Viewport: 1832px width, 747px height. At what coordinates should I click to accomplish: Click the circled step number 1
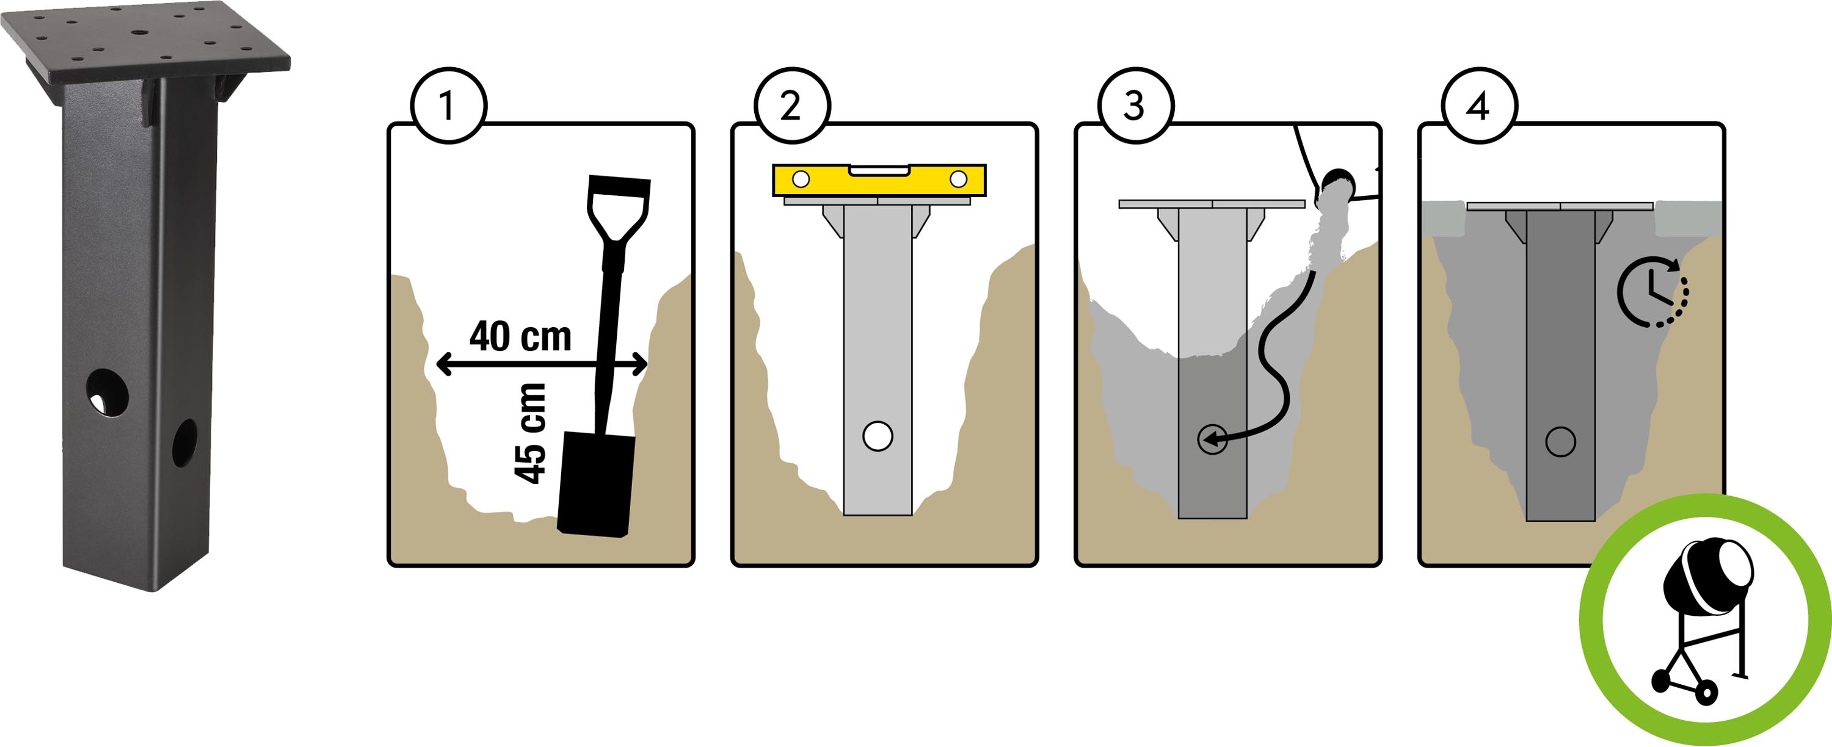448,106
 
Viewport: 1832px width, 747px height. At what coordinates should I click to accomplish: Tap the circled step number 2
791,106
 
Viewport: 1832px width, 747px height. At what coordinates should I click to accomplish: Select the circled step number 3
1135,106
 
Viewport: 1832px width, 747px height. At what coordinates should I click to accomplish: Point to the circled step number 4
1478,106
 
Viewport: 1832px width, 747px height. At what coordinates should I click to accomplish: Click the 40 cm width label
520,336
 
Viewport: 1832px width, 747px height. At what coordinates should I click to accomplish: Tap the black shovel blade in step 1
596,483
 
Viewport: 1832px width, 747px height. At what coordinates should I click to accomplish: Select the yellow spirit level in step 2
879,180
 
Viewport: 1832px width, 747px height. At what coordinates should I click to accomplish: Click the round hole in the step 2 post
878,436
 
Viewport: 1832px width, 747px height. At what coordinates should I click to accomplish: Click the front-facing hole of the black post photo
107,392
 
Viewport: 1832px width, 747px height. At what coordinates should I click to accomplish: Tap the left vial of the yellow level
801,179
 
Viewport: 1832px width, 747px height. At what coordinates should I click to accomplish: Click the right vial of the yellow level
958,179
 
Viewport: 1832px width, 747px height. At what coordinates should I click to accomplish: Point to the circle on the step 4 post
1560,441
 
